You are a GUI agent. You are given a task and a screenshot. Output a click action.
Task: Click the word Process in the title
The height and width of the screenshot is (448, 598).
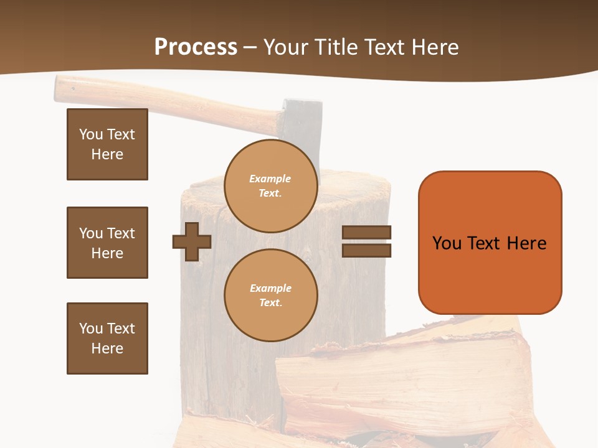point(196,47)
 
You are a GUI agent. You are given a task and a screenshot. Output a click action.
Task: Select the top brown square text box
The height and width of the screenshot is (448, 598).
point(107,144)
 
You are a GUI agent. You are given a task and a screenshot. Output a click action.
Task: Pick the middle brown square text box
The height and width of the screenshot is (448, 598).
point(107,243)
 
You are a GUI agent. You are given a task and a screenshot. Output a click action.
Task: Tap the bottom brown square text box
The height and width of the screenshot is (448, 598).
point(107,338)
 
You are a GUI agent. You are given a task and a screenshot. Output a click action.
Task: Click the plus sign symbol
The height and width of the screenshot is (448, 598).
point(192,241)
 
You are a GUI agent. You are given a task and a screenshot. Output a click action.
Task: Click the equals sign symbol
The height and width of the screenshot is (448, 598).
point(366,241)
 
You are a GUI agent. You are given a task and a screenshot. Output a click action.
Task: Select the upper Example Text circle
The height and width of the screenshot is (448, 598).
point(270,186)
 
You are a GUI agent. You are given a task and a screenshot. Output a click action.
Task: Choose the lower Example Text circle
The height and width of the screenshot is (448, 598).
point(270,296)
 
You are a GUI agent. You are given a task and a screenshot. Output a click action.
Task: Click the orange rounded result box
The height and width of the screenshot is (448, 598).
point(490,243)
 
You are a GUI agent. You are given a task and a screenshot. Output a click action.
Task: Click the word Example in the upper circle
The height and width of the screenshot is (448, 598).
point(270,179)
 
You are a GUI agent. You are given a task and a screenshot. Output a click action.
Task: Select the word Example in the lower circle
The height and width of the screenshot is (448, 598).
point(270,289)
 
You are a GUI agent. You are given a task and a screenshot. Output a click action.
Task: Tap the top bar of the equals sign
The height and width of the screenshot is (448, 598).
point(366,233)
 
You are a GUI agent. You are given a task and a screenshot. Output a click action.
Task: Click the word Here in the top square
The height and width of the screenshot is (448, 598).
point(107,154)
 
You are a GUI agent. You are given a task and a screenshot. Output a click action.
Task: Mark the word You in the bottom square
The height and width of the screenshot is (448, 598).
point(90,329)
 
